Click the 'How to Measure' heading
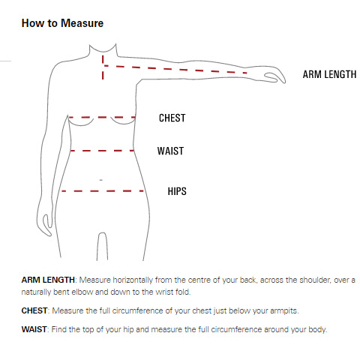tap(62, 23)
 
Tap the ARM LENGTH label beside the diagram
tap(329, 74)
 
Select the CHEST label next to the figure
tap(172, 118)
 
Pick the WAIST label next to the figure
tap(170, 151)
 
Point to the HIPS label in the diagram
tap(177, 191)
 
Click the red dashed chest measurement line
tap(102, 117)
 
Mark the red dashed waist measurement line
tap(102, 151)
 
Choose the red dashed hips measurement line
tap(103, 191)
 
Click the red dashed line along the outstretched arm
tap(175, 69)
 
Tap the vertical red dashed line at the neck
tap(103, 67)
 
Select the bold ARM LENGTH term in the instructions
tap(48, 280)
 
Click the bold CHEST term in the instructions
tap(34, 310)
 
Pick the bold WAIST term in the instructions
tap(34, 329)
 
